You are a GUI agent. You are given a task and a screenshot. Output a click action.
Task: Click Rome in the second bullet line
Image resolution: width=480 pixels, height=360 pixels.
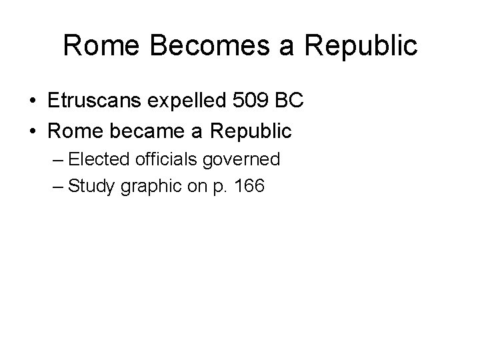[x=74, y=131]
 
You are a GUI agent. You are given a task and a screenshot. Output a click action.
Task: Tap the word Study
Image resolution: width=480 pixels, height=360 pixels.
[x=92, y=187]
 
